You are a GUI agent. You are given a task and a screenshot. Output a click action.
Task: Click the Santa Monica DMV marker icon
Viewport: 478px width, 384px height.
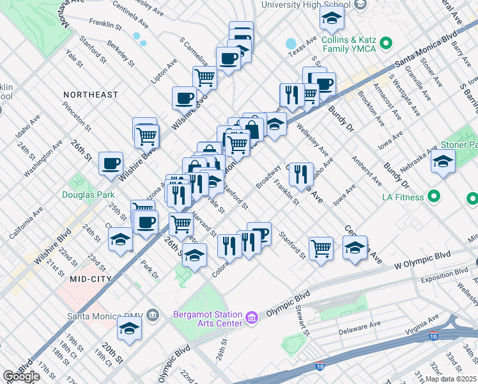(152, 316)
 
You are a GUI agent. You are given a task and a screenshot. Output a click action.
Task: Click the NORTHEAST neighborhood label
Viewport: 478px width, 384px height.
(90, 95)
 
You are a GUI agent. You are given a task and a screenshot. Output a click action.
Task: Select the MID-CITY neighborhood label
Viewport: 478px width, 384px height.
(91, 279)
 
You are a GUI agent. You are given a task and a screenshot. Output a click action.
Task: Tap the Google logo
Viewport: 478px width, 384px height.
(21, 376)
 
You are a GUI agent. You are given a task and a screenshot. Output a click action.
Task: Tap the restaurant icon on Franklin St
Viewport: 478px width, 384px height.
(300, 173)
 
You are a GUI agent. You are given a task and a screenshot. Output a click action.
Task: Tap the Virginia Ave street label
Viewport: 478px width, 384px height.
(420, 324)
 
